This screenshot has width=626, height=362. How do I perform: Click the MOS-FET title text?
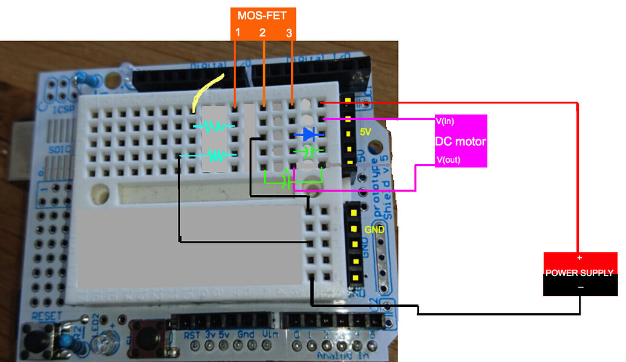tap(262, 15)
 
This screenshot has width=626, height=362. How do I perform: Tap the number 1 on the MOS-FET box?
tap(238, 33)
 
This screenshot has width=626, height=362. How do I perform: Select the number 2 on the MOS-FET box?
tap(262, 33)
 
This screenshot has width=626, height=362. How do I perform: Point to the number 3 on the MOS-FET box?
tap(289, 34)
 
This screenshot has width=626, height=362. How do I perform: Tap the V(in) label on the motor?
tap(445, 121)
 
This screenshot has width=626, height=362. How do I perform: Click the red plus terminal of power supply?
tap(580, 257)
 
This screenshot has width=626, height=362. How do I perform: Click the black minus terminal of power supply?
tap(580, 288)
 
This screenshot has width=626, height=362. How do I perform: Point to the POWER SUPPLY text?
tap(579, 273)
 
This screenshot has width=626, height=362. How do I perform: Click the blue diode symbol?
tap(308, 134)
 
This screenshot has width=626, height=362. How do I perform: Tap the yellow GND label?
tap(374, 230)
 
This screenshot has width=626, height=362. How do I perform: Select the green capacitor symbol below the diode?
tap(308, 151)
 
